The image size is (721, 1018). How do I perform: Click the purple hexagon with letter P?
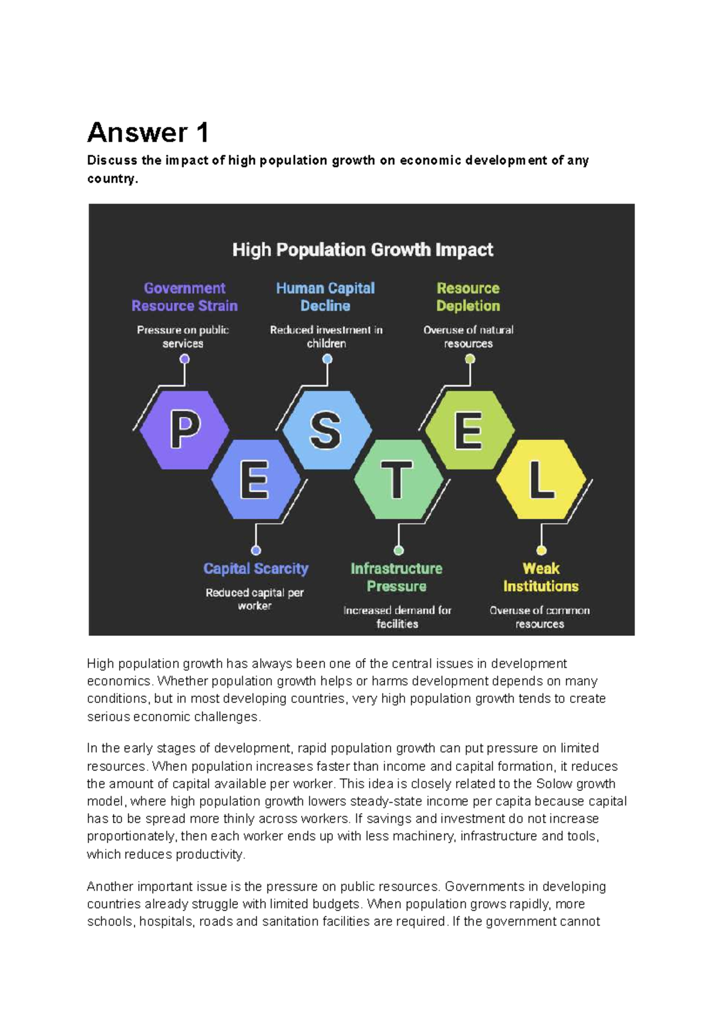tap(184, 430)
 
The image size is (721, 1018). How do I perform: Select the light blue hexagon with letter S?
tap(327, 430)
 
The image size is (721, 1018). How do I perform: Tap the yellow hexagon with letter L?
tap(541, 480)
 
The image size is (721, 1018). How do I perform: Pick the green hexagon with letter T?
tap(398, 480)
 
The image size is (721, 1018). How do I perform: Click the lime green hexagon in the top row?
tap(470, 430)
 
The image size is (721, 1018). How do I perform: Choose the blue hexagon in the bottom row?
tap(256, 480)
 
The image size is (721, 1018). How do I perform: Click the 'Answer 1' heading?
tap(148, 133)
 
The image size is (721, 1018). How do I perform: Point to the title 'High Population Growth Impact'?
tap(362, 250)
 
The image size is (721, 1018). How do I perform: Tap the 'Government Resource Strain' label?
tap(184, 297)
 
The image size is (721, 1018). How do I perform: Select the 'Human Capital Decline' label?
tap(325, 297)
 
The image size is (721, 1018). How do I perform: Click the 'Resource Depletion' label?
tap(468, 297)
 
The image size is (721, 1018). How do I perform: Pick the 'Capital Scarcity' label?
tap(256, 568)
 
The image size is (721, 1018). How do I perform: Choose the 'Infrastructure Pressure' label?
tap(397, 577)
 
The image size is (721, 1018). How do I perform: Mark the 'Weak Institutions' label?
tap(541, 577)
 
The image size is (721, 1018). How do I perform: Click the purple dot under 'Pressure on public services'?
tap(184, 359)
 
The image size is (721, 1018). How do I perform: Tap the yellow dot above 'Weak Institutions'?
tap(541, 550)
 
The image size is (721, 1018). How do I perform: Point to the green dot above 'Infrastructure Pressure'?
tap(398, 550)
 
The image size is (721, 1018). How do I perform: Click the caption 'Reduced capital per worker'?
tap(255, 599)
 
